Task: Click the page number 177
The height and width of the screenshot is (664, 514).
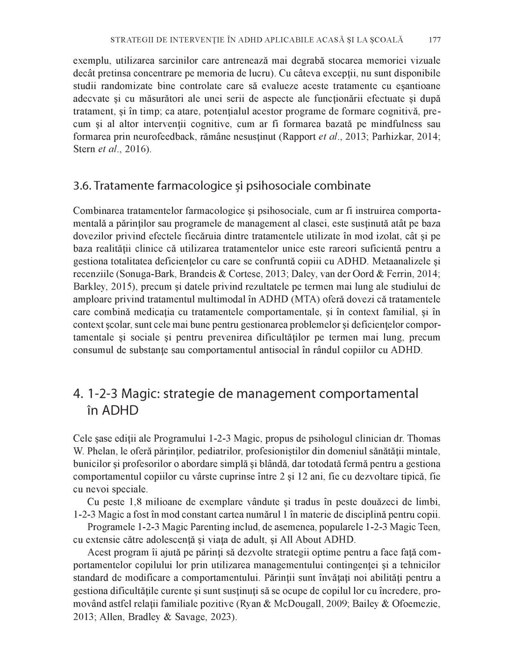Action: (x=435, y=40)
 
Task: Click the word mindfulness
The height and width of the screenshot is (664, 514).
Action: (x=400, y=124)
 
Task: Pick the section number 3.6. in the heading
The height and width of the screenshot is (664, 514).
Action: (x=82, y=186)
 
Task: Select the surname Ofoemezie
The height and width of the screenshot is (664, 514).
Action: (x=412, y=604)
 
